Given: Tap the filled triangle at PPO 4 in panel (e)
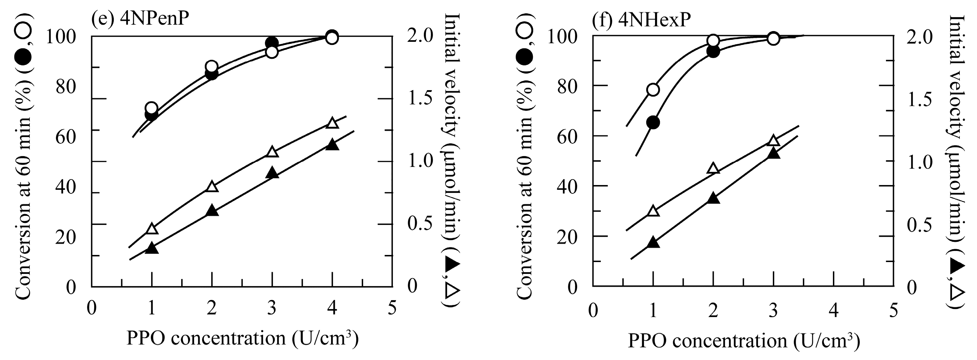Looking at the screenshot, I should (332, 145).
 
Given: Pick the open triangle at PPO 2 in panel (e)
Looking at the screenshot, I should (212, 187).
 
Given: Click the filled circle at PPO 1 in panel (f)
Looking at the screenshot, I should (653, 123).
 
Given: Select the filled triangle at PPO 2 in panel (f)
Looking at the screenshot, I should (713, 198).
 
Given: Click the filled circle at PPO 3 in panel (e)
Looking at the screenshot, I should (272, 43).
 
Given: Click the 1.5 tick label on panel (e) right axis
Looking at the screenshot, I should (420, 98).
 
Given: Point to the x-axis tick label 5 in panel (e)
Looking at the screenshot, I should (392, 308).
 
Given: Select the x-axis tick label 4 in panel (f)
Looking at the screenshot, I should (833, 310).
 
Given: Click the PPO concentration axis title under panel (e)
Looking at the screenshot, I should (242, 338).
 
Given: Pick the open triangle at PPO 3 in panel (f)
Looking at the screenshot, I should (774, 141).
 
